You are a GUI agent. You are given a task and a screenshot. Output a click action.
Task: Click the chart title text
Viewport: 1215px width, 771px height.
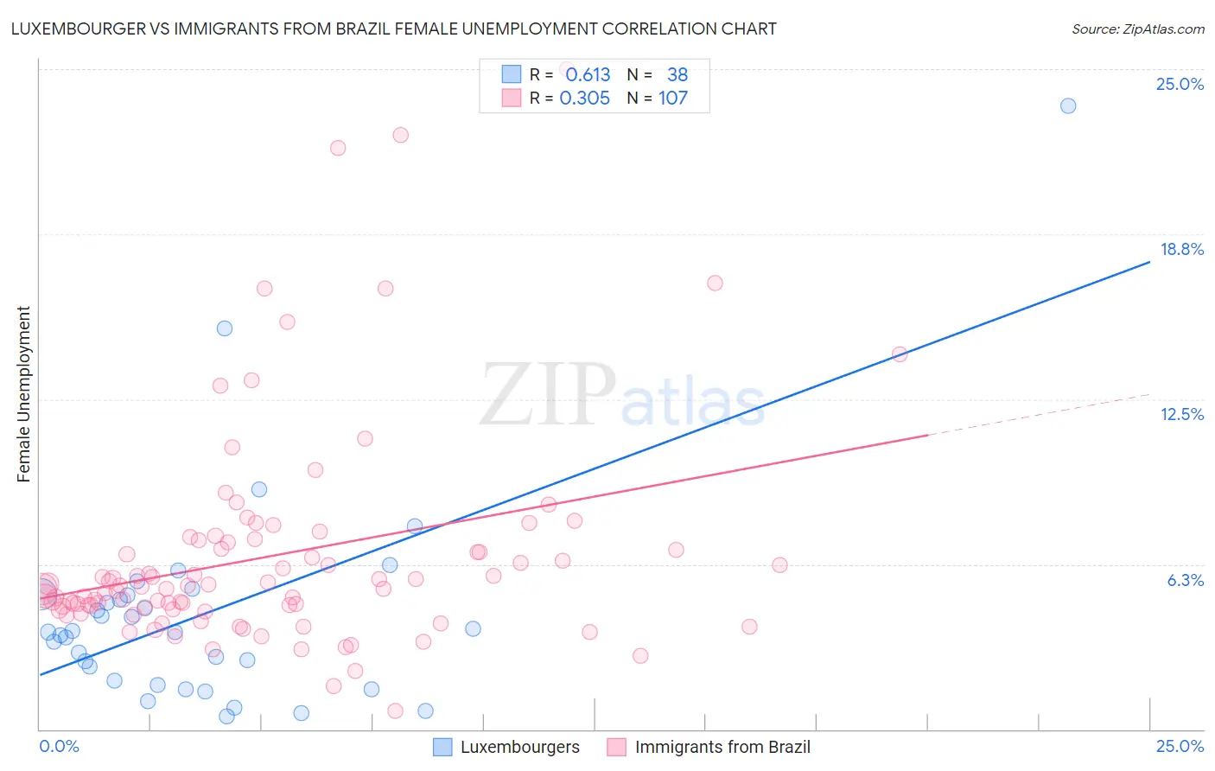coord(393,29)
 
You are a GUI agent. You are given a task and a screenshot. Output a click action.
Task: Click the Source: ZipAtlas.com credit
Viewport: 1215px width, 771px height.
coord(1137,29)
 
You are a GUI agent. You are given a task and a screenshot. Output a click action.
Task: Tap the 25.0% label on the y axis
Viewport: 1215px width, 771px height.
coord(1179,84)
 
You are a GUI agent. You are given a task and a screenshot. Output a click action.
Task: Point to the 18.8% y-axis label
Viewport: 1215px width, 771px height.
coord(1181,249)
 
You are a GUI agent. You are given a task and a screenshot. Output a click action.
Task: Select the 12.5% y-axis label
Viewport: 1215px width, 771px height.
coord(1181,414)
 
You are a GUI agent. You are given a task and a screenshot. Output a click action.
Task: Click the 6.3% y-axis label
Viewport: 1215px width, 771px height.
coord(1185,580)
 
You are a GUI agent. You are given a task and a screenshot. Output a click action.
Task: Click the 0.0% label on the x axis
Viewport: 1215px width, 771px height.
coord(59,746)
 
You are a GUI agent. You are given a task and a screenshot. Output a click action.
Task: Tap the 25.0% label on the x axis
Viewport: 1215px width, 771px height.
coord(1180,746)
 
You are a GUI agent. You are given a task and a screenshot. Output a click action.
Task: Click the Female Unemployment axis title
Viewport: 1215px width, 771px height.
coord(23,394)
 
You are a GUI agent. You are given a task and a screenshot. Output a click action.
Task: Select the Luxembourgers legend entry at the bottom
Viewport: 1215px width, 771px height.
coord(518,747)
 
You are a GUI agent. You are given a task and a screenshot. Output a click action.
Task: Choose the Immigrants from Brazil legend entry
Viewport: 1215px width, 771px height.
coord(722,747)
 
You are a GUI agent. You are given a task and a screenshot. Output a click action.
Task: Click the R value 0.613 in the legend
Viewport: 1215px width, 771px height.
coord(588,75)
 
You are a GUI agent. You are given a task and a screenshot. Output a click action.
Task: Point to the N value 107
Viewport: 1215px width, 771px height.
coord(673,99)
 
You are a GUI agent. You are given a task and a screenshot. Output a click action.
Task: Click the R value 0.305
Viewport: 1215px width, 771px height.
coord(585,99)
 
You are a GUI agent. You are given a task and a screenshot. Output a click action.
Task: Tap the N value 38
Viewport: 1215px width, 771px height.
coord(677,75)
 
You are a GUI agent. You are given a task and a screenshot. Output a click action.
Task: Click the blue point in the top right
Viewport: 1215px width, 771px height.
coord(1068,105)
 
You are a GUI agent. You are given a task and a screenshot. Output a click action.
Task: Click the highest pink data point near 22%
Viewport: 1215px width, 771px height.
coord(400,135)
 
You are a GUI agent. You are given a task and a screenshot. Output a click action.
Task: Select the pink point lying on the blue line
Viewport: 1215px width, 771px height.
coord(900,354)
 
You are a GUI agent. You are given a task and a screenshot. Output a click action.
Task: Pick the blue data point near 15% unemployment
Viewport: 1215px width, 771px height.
coord(225,328)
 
